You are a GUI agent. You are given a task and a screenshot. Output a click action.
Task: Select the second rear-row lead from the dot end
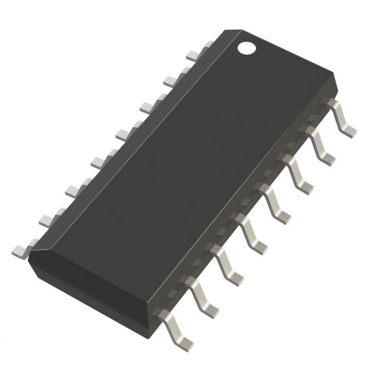[170, 79]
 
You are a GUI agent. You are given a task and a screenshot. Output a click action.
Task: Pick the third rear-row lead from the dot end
[147, 106]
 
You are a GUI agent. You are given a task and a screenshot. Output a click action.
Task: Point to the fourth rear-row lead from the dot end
[123, 134]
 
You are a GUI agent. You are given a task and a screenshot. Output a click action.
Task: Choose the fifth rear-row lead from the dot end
[98, 161]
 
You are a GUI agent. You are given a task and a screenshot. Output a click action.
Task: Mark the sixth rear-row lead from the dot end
[73, 189]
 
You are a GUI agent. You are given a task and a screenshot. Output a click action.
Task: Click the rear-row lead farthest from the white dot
[20, 250]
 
